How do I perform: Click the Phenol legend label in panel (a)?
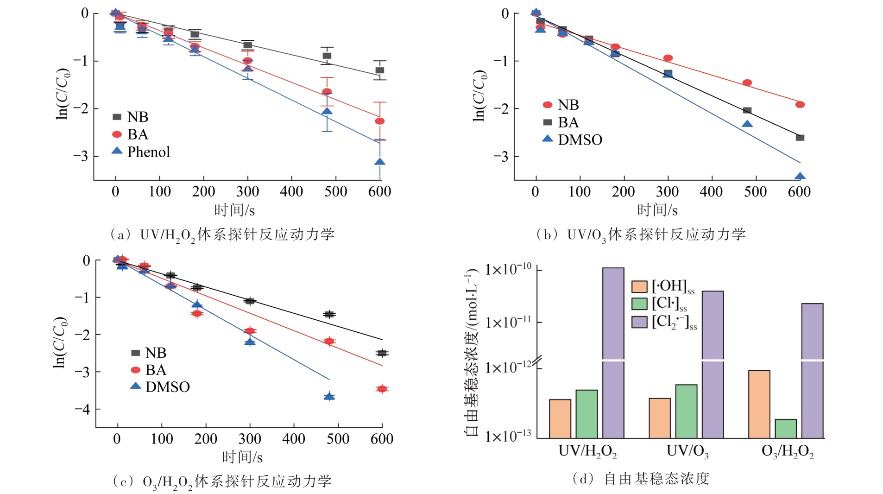coord(148,152)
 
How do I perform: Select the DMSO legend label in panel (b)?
coord(580,140)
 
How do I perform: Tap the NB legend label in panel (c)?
coord(156,353)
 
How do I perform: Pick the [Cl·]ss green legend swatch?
coord(639,304)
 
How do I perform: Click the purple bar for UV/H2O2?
coord(613,352)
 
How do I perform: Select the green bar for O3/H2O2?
coord(786,429)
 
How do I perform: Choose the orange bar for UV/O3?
coord(660,418)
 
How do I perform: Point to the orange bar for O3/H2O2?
coord(759,404)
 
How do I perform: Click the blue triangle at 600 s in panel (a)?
coord(380,162)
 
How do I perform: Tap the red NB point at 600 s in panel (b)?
coord(800,105)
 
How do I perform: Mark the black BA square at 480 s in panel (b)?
coord(747,110)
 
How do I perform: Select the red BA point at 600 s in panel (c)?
coord(382,389)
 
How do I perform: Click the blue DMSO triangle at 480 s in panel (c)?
coord(329,396)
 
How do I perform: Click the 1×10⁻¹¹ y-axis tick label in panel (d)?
coord(507,322)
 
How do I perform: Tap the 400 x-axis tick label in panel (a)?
coord(291,192)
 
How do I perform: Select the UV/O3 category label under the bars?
coord(687,451)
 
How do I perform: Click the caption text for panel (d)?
coord(641,479)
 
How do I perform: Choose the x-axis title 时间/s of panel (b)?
coord(657,210)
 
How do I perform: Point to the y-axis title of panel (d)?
coord(472,352)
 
